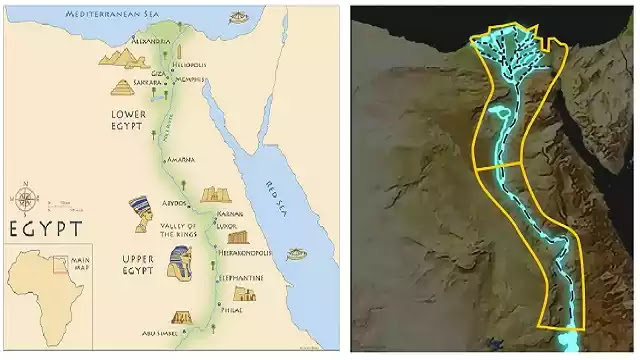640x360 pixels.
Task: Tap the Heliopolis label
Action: click(187, 62)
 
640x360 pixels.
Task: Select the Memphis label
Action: click(190, 80)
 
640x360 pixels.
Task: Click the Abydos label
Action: click(175, 202)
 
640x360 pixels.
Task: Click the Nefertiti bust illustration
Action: click(142, 213)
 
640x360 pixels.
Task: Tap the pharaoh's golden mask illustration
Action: click(181, 262)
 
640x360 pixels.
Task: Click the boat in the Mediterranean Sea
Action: click(239, 16)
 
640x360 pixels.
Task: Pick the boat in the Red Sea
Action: click(296, 255)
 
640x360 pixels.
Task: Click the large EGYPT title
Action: click(45, 229)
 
